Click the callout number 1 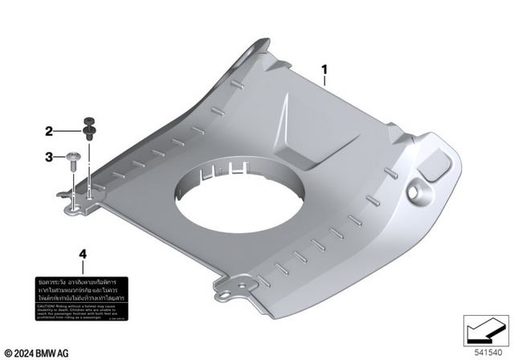[324, 70]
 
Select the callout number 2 [49, 131]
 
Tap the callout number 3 [49, 157]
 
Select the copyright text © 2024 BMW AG [36, 353]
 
